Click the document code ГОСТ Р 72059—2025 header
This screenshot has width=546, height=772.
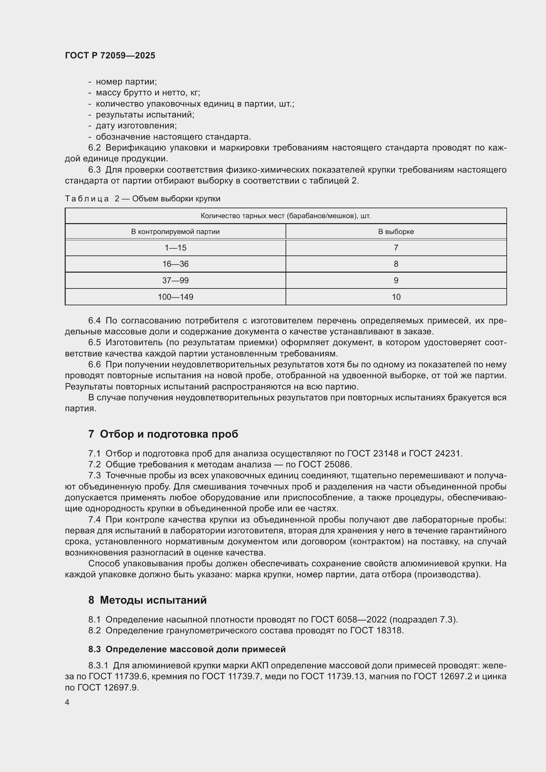coord(110,55)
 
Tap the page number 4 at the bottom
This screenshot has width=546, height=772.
coord(67,702)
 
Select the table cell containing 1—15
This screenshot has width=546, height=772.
coord(175,248)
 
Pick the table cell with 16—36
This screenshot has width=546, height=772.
coord(175,264)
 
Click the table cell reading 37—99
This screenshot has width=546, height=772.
coord(175,281)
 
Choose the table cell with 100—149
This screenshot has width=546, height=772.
coord(175,297)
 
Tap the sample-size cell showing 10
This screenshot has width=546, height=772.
coord(396,297)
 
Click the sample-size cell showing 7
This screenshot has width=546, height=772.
coord(396,248)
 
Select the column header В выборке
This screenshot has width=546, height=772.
coord(396,232)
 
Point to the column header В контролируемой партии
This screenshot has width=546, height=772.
coord(175,232)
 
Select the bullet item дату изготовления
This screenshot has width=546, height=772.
coord(136,126)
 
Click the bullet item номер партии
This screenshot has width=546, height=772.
coord(126,82)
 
